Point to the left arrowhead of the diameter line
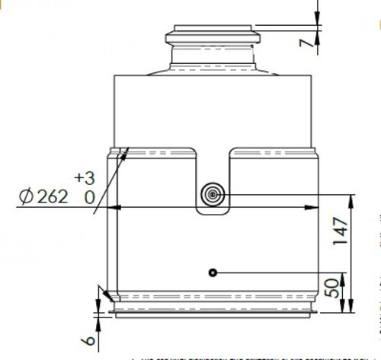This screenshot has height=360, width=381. coord(115,207)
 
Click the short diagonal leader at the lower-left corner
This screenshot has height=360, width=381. coord(103,293)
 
